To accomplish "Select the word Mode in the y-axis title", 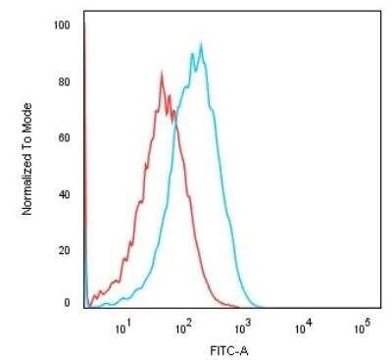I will coord(28,98).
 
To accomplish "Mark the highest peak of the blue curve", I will coord(201,43).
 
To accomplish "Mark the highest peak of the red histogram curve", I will coord(161,72).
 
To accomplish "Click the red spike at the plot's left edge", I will coord(84,29).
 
